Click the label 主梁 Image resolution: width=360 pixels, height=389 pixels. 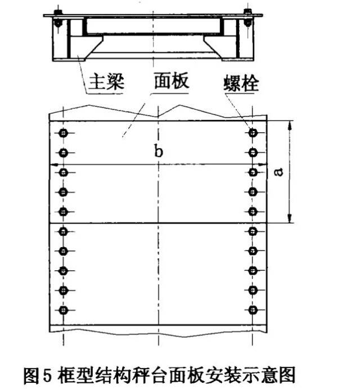coord(107,82)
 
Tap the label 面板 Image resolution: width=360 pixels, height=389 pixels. coord(172,81)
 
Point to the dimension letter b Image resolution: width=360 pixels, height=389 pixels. coord(159,150)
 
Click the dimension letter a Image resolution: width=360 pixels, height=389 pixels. coord(279,172)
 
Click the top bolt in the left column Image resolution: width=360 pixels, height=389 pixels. coord(63,133)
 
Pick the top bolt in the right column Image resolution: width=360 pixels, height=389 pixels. coord(253,133)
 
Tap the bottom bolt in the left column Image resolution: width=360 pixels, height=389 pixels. coord(63,310)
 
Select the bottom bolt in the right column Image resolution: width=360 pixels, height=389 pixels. coord(253,310)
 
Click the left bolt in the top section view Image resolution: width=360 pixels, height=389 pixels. coord(58,19)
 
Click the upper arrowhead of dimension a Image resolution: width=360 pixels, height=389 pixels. coord(289,126)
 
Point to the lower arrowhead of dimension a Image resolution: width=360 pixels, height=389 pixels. coord(289,218)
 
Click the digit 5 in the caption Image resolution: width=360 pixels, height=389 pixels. coord(47,375)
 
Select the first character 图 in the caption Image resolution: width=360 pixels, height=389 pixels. coord(31,375)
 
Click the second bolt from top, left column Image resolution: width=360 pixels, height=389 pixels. coord(63,153)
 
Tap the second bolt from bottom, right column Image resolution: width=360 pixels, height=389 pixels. coord(253,290)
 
